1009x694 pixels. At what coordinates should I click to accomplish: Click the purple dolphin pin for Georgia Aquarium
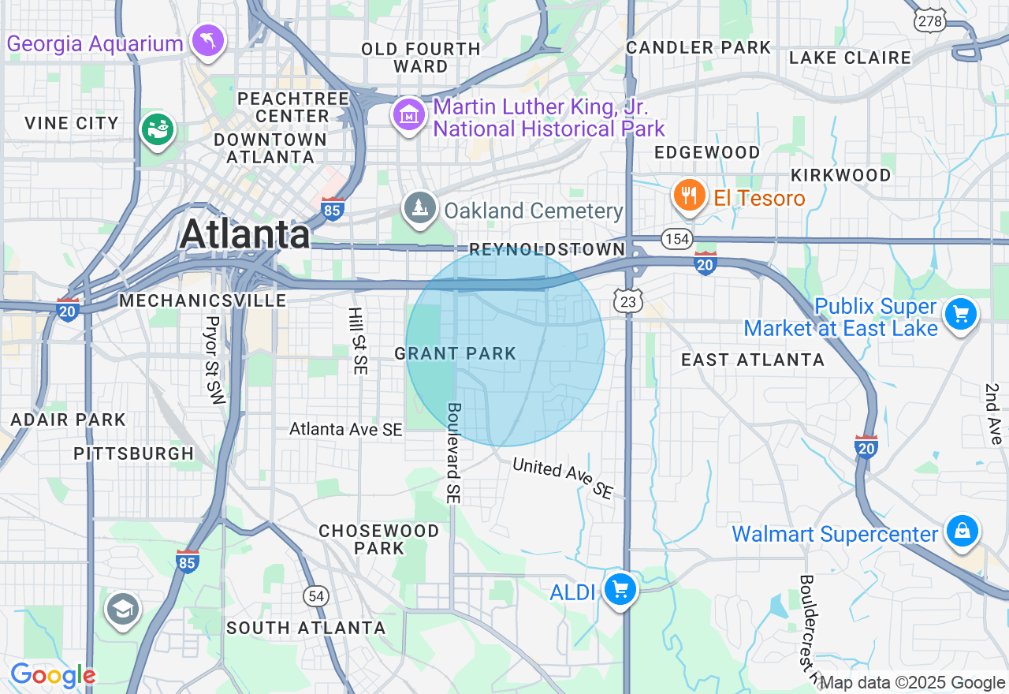(208, 40)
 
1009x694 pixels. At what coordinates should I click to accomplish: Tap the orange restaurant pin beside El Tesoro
(690, 196)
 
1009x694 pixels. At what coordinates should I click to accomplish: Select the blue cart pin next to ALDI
(620, 589)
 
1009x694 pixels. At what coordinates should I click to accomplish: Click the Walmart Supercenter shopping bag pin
(962, 531)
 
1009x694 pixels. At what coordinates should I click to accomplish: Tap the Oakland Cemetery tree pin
(420, 208)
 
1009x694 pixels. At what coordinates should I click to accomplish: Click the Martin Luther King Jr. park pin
(409, 116)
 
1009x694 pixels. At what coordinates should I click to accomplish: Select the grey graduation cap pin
(122, 610)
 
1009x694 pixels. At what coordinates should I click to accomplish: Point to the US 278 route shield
(930, 21)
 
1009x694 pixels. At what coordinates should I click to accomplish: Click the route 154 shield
(676, 239)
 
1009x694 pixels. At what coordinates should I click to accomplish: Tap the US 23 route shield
(629, 300)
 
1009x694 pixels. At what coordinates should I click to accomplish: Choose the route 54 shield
(317, 596)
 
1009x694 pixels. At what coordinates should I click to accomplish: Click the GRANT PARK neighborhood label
(455, 354)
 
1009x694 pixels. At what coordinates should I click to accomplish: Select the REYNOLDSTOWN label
(547, 249)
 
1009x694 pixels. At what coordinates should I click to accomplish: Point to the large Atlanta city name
(245, 234)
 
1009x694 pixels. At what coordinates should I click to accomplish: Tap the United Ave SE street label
(563, 478)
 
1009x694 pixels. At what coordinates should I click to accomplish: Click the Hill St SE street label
(357, 341)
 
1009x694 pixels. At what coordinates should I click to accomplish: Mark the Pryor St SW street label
(214, 360)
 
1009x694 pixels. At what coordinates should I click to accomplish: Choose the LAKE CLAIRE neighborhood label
(850, 58)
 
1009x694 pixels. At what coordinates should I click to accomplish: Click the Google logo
(53, 675)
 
